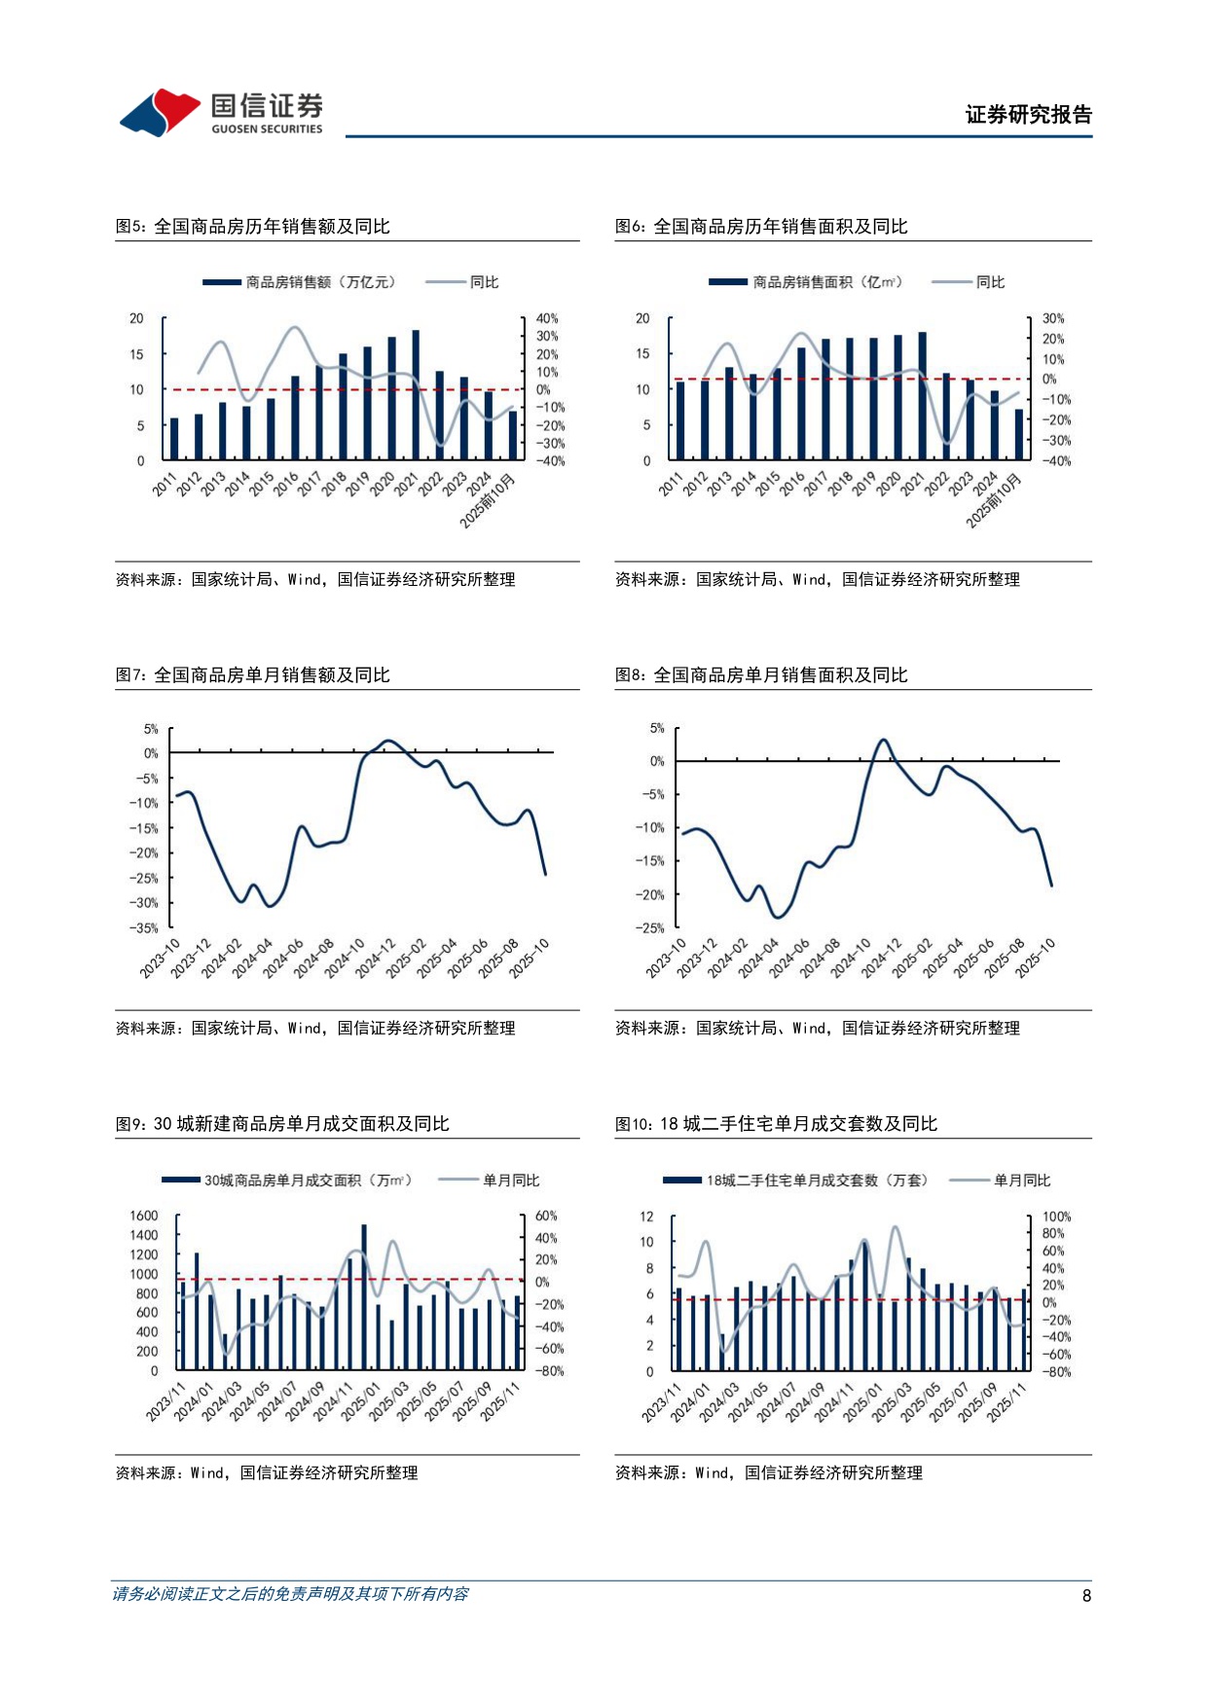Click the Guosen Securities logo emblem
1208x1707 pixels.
(160, 112)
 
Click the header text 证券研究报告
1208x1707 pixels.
(1028, 115)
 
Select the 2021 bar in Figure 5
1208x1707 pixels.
(416, 394)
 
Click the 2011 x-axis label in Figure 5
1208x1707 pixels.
(165, 485)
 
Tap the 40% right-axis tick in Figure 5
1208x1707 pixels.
(547, 318)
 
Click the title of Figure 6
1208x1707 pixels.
(761, 227)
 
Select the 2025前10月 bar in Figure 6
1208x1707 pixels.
(1019, 434)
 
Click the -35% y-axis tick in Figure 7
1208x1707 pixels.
(144, 927)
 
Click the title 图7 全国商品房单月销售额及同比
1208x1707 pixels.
(253, 675)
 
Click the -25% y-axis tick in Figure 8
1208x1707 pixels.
(649, 927)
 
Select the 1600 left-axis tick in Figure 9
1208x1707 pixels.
(143, 1216)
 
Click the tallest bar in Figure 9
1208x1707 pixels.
(364, 1296)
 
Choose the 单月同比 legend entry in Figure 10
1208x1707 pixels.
(1021, 1180)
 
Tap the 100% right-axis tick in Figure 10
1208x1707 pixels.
(1056, 1217)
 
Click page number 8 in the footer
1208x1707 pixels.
(1086, 1595)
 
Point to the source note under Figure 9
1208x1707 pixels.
(267, 1473)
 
